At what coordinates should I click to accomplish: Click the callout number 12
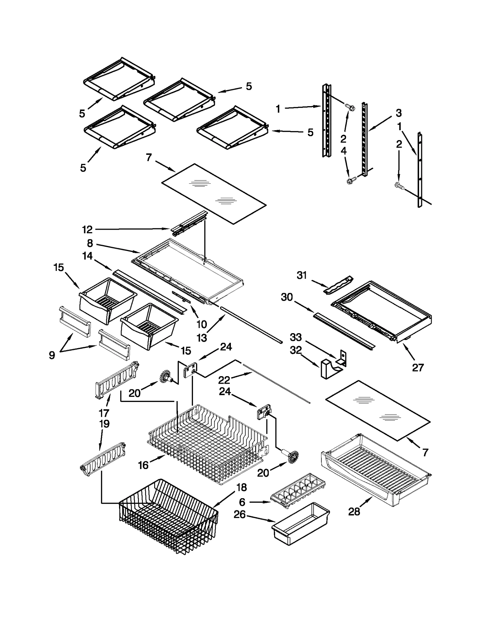click(x=87, y=230)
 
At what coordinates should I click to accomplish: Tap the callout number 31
click(x=302, y=275)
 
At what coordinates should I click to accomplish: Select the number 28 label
click(x=354, y=511)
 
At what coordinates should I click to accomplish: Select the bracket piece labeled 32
click(x=328, y=368)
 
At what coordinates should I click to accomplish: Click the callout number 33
click(x=296, y=337)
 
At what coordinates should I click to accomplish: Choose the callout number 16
click(x=143, y=465)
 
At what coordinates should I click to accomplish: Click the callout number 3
click(x=399, y=113)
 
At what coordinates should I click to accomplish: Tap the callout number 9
click(x=52, y=355)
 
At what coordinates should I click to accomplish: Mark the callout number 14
click(x=87, y=256)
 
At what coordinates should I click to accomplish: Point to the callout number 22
click(x=224, y=380)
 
